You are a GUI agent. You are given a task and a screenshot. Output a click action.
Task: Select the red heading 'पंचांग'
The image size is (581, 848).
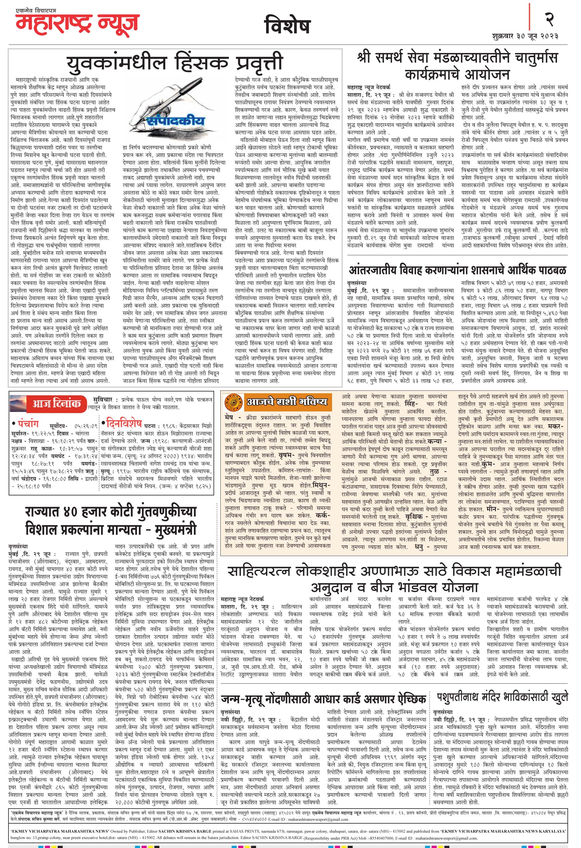[x=29, y=424]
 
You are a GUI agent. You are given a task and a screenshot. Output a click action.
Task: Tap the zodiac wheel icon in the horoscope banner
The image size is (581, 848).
[x=234, y=402]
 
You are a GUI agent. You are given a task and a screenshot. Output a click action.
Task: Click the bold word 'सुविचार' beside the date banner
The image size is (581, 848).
[x=102, y=400]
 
